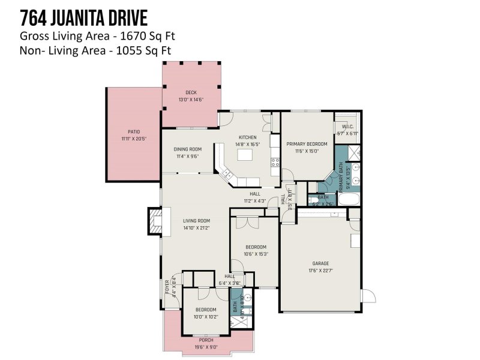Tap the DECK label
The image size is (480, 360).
pyautogui.click(x=191, y=92)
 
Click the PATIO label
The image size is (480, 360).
pyautogui.click(x=133, y=131)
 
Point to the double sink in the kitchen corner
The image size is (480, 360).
pyautogui.click(x=227, y=175)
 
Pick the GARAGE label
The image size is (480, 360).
pyautogui.click(x=320, y=263)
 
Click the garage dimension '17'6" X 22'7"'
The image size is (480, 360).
pyautogui.click(x=320, y=271)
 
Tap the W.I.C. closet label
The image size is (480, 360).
pyautogui.click(x=347, y=127)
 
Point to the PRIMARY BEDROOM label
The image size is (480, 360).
pyautogui.click(x=307, y=144)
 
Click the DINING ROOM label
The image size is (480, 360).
pyautogui.click(x=187, y=149)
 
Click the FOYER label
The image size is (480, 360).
pyautogui.click(x=167, y=287)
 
